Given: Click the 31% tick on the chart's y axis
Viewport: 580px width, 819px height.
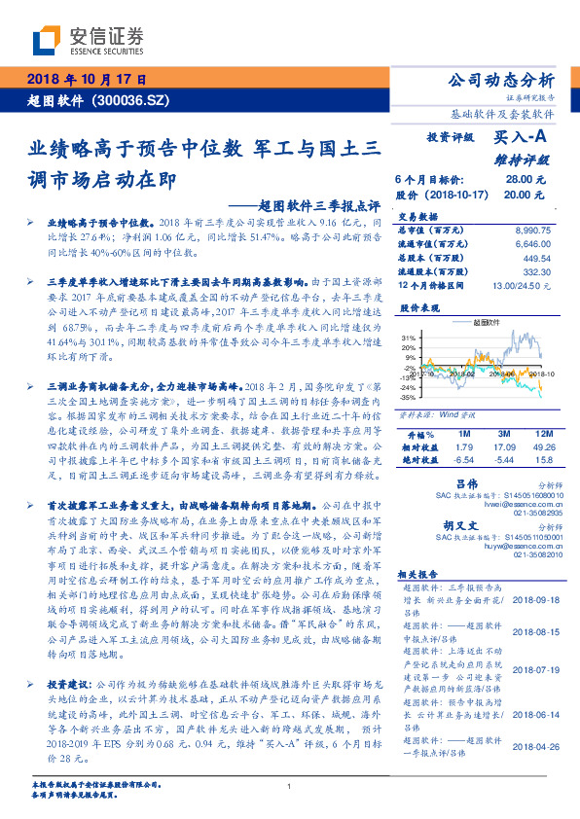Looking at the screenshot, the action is [407, 337].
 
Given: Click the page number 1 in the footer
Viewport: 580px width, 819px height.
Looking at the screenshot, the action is [290, 788].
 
